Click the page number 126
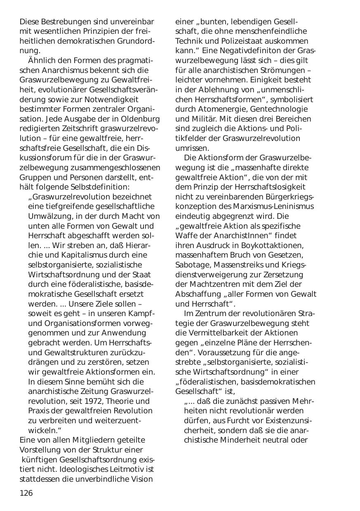[26, 493]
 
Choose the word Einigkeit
[268, 80]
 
